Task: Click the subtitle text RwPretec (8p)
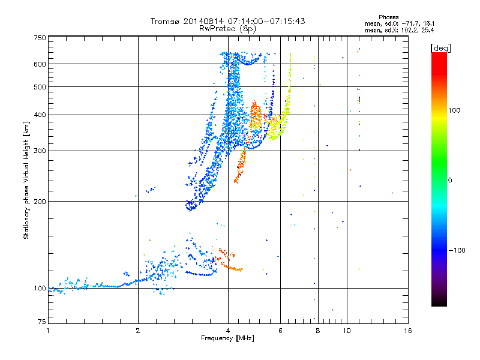[x=227, y=29]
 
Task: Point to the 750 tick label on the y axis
[x=40, y=38]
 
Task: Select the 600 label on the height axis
[x=40, y=64]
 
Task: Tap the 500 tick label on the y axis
[x=40, y=87]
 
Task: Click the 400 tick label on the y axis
[x=40, y=115]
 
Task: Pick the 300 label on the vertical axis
[x=40, y=151]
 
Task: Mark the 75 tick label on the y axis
[x=42, y=322]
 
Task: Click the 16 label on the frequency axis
[x=408, y=331]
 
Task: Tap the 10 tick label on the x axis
[x=347, y=331]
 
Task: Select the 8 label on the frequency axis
[x=318, y=331]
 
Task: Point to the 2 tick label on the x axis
[x=138, y=331]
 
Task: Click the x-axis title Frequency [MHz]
[x=227, y=338]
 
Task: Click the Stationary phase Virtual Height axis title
[x=26, y=180]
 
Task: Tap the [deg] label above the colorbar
[x=440, y=49]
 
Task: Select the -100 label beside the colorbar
[x=457, y=250]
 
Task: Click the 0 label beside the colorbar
[x=450, y=181]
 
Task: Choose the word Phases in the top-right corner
[x=388, y=17]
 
